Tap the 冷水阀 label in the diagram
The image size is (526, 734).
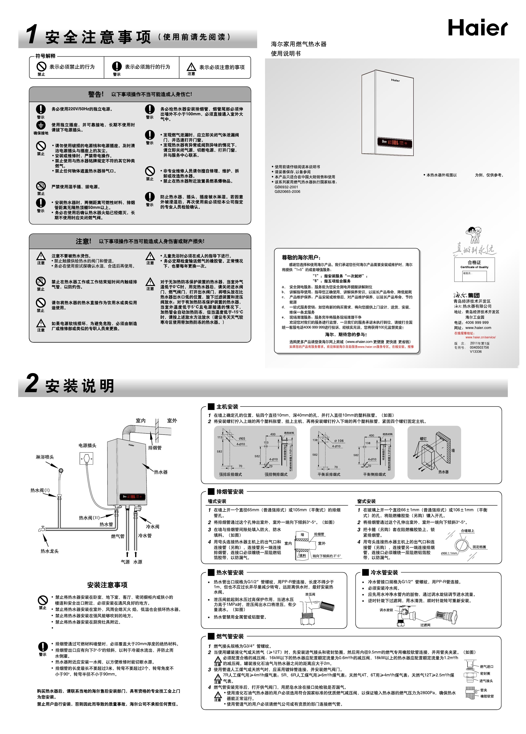coord(153,527)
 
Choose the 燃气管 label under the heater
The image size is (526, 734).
coord(118,536)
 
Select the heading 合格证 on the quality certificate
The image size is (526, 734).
coord(474,262)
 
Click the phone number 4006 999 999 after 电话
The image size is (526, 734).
coord(477,323)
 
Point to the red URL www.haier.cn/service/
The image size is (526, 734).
coord(480,337)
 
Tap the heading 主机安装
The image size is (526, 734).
coord(227,407)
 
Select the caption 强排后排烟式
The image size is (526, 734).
coord(230,474)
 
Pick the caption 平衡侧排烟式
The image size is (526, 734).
coord(374,474)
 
